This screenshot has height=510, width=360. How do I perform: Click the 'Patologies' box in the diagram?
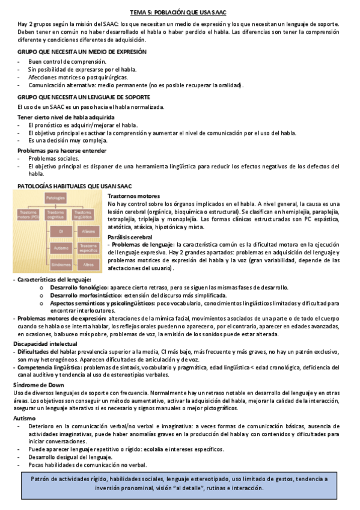[56, 198]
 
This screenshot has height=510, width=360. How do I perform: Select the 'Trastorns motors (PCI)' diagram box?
[29, 215]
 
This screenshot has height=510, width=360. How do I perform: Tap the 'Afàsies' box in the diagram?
[88, 231]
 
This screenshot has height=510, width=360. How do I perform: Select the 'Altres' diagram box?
[88, 264]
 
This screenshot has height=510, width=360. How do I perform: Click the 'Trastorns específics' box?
[88, 247]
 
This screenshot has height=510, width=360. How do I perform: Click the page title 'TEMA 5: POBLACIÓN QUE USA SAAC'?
[179, 12]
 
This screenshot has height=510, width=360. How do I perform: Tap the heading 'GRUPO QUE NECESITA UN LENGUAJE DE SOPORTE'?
[84, 97]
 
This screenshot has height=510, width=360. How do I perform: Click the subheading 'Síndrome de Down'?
[38, 384]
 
